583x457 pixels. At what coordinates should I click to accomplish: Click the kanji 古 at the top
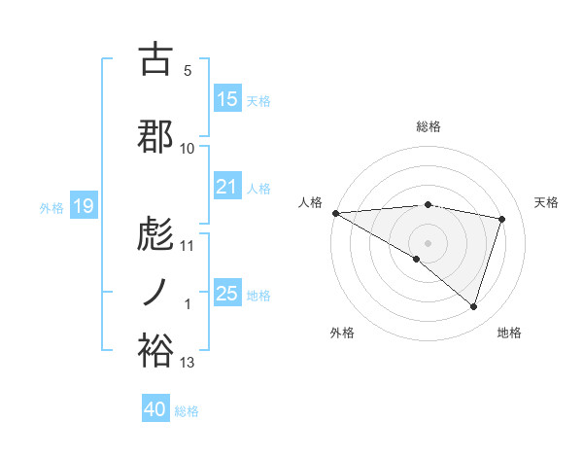(155, 59)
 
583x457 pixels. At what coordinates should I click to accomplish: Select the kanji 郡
(155, 137)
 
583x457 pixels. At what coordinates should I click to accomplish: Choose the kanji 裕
(155, 351)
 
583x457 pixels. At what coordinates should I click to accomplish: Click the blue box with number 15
(226, 99)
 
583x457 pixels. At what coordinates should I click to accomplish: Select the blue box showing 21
(226, 187)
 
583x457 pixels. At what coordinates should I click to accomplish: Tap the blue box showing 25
(226, 294)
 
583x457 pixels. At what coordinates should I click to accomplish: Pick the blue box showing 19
(83, 206)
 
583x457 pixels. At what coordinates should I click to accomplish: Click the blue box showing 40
(155, 409)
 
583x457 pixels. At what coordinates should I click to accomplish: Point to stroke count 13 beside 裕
(188, 363)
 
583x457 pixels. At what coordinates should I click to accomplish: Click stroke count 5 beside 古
(188, 71)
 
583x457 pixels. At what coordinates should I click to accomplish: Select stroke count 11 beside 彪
(188, 245)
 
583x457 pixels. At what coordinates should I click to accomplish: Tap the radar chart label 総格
(428, 126)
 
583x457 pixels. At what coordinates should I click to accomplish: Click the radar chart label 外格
(342, 333)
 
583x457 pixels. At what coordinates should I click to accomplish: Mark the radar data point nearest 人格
(335, 212)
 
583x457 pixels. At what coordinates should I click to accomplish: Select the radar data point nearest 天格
(501, 219)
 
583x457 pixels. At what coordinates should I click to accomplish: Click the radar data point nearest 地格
(473, 306)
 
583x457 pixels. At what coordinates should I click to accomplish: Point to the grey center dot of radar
(428, 241)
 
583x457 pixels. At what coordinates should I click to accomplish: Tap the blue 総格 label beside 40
(187, 411)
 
